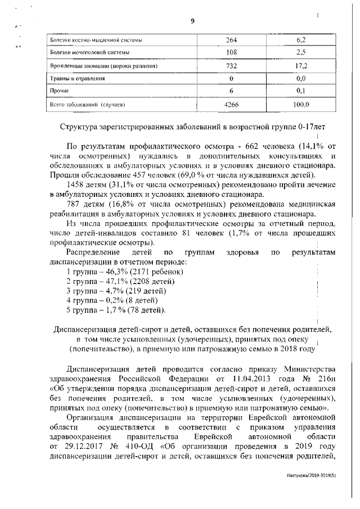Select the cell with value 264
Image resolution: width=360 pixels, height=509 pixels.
coord(231,40)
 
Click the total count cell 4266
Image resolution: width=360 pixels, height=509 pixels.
coord(231,104)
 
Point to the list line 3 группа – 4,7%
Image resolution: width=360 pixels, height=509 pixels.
coord(116,291)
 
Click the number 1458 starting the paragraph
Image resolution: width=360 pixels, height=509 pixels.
coord(77,184)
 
